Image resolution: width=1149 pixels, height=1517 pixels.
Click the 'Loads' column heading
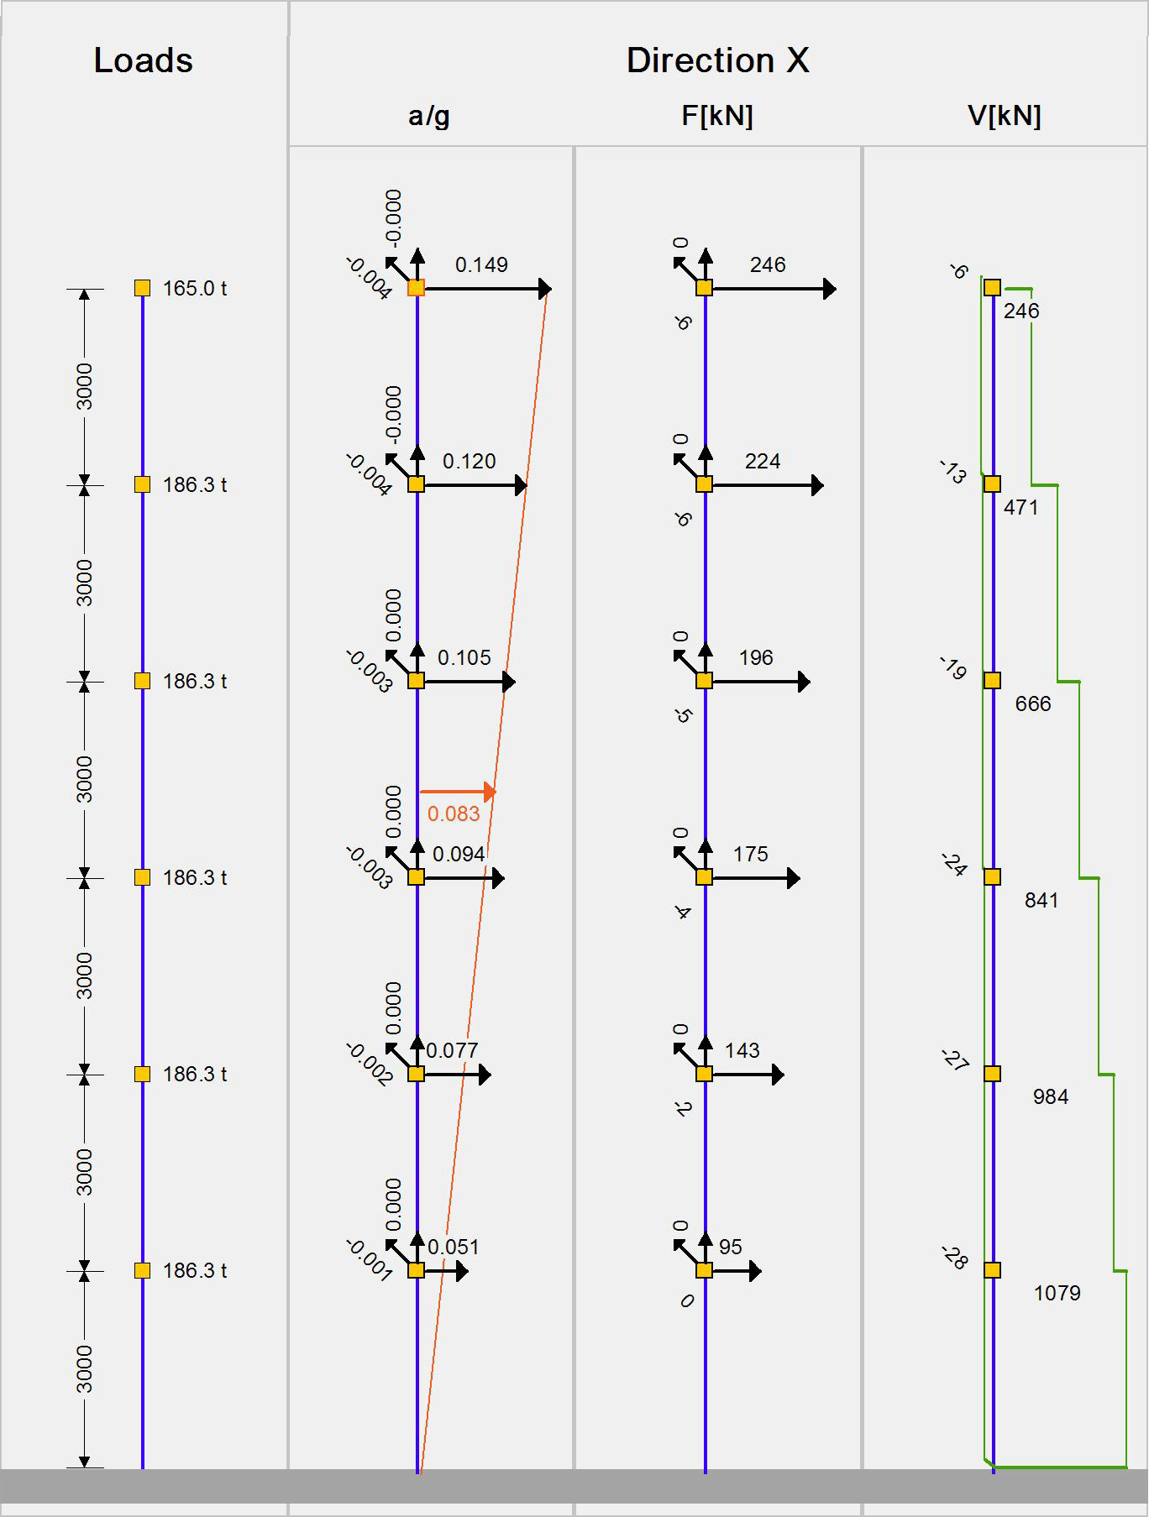(x=143, y=60)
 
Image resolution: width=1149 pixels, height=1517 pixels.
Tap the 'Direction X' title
(x=717, y=60)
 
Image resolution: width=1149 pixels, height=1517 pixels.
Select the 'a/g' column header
(x=428, y=116)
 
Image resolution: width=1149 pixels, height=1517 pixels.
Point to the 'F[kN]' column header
(x=716, y=116)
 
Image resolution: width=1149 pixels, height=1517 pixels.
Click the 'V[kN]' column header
(x=1004, y=116)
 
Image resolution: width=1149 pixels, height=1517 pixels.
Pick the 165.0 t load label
(x=195, y=289)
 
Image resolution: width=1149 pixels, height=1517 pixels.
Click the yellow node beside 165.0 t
(x=142, y=288)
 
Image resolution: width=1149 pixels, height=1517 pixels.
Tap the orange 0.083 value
(x=454, y=813)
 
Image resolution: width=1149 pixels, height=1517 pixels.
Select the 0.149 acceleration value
(x=481, y=265)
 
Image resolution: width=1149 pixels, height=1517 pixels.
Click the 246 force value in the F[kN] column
(x=768, y=265)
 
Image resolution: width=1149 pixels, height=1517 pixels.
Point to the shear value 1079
(x=1057, y=1293)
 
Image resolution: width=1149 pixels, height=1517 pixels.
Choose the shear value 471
(x=1020, y=507)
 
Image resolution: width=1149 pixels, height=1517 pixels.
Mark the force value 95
(x=731, y=1247)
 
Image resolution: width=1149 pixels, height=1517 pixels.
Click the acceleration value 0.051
(x=454, y=1247)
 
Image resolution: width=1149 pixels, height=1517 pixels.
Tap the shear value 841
(x=1041, y=900)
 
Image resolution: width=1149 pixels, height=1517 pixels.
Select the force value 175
(x=750, y=854)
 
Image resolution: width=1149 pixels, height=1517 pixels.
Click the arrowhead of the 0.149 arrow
(x=545, y=289)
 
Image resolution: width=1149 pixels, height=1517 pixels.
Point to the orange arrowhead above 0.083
(x=491, y=791)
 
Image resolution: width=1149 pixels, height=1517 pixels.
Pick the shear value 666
(x=1032, y=704)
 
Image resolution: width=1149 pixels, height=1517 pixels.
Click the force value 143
(x=742, y=1050)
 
